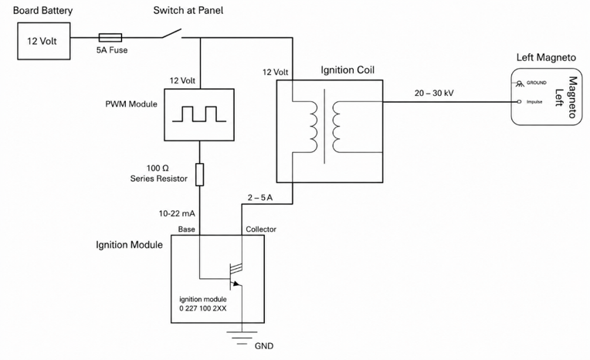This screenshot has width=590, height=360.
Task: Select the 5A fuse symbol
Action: pyautogui.click(x=110, y=37)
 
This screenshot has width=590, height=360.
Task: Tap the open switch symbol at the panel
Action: pyautogui.click(x=172, y=33)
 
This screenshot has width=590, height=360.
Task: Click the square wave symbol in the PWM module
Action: pyautogui.click(x=199, y=114)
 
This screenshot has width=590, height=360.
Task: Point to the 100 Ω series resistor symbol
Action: pyautogui.click(x=200, y=175)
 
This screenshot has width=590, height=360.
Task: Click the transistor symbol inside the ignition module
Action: pyautogui.click(x=236, y=276)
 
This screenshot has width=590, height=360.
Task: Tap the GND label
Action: pyautogui.click(x=264, y=346)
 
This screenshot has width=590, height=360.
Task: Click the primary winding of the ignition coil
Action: pyautogui.click(x=313, y=127)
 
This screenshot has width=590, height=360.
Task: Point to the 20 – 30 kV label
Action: pyautogui.click(x=434, y=93)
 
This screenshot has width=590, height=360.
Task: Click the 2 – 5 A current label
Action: pyautogui.click(x=260, y=197)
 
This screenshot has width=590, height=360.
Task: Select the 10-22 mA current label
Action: pyautogui.click(x=177, y=213)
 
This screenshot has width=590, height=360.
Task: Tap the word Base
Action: pyautogui.click(x=187, y=229)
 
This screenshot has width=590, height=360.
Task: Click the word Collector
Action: pyautogui.click(x=261, y=229)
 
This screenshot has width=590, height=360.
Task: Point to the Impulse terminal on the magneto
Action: pyautogui.click(x=519, y=102)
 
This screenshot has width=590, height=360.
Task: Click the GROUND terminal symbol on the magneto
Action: pyautogui.click(x=520, y=83)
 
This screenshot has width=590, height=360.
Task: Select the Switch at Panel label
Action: pyautogui.click(x=188, y=11)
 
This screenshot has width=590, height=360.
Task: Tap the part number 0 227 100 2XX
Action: pyautogui.click(x=203, y=308)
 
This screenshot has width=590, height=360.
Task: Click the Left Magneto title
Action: pyautogui.click(x=546, y=58)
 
